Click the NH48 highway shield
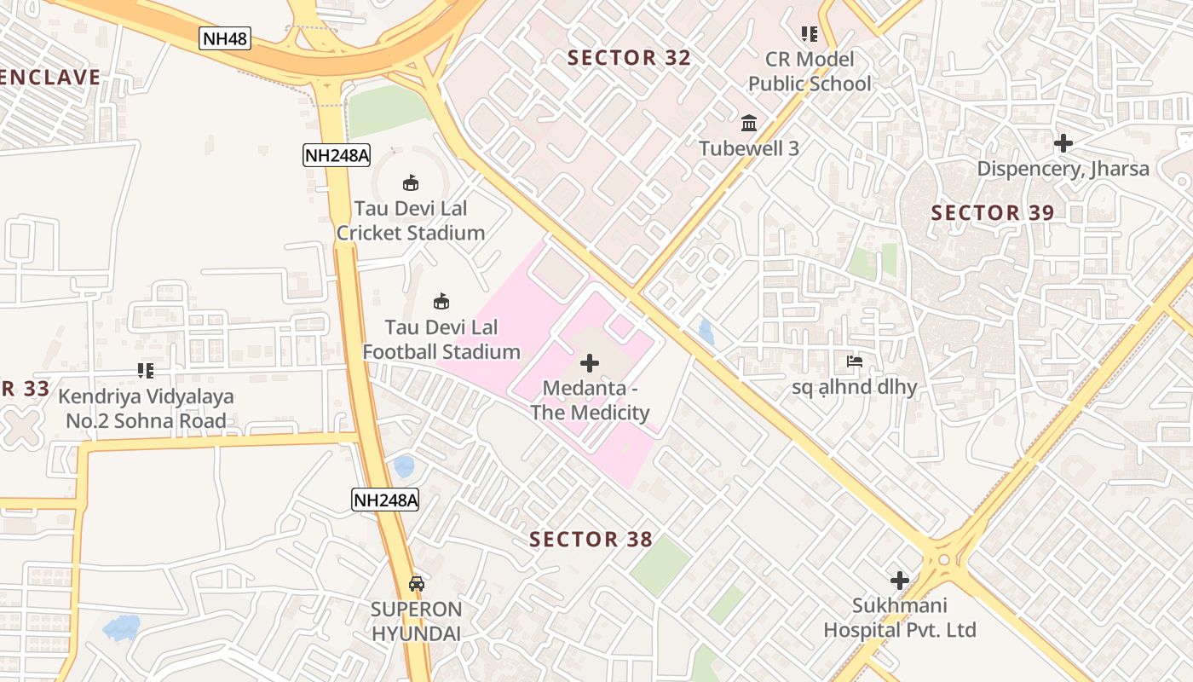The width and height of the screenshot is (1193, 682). [x=225, y=38]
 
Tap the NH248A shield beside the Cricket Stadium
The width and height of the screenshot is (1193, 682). [x=337, y=155]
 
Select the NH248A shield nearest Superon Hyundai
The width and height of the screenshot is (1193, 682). [x=385, y=500]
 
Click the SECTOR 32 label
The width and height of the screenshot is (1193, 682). [x=629, y=58]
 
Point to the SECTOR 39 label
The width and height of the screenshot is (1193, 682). [x=993, y=213]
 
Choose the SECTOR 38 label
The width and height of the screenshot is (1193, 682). [x=591, y=540]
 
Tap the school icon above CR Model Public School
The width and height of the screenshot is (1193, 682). [x=809, y=34]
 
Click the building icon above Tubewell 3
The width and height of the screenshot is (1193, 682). [x=749, y=123]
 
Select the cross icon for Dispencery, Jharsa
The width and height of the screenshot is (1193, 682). [x=1063, y=143]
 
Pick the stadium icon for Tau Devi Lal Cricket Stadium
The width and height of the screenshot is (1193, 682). [x=411, y=182]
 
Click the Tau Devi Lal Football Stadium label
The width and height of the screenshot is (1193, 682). [x=441, y=339]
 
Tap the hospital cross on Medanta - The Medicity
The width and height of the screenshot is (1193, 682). [x=589, y=363]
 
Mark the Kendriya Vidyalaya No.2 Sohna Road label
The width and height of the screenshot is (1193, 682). [x=146, y=408]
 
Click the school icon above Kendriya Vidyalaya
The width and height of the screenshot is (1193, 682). [x=146, y=371]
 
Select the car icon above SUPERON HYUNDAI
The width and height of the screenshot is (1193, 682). [x=416, y=584]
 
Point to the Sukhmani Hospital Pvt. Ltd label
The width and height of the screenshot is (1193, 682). [x=899, y=618]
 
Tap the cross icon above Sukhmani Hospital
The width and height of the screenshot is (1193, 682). [x=899, y=581]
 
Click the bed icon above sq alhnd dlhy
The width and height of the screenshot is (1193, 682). [x=855, y=361]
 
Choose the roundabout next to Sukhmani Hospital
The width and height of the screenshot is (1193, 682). [x=942, y=559]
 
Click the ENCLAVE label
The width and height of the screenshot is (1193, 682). [x=49, y=78]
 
